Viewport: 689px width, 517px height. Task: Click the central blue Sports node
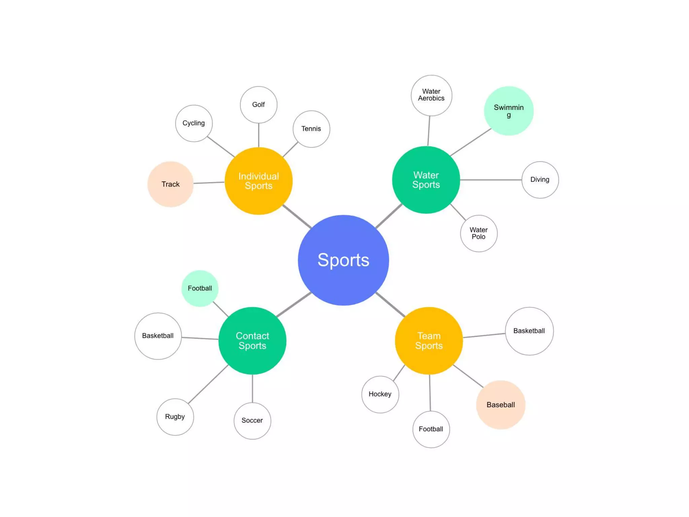(x=343, y=260)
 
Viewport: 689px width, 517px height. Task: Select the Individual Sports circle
(x=258, y=181)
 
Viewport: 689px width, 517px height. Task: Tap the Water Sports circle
(x=426, y=180)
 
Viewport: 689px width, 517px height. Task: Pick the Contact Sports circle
(x=252, y=341)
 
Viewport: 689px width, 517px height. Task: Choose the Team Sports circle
(x=429, y=341)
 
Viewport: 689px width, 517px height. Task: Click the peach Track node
(x=171, y=184)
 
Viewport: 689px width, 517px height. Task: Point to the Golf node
(x=258, y=105)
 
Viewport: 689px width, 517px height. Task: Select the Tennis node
(x=311, y=129)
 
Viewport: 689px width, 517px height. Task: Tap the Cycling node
(x=194, y=123)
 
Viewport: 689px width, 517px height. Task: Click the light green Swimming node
(x=509, y=111)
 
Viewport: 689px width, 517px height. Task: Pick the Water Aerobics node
(x=431, y=95)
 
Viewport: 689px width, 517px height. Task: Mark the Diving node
(x=540, y=180)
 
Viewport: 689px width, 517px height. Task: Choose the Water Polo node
(x=479, y=233)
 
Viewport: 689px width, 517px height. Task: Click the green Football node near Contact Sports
(x=200, y=288)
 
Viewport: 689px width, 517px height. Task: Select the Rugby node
(x=175, y=417)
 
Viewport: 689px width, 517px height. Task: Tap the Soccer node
(x=252, y=420)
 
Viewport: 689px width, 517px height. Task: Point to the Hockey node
(x=380, y=394)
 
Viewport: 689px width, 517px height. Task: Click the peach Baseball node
(x=501, y=405)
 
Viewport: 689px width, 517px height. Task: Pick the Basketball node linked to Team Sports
(x=529, y=331)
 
